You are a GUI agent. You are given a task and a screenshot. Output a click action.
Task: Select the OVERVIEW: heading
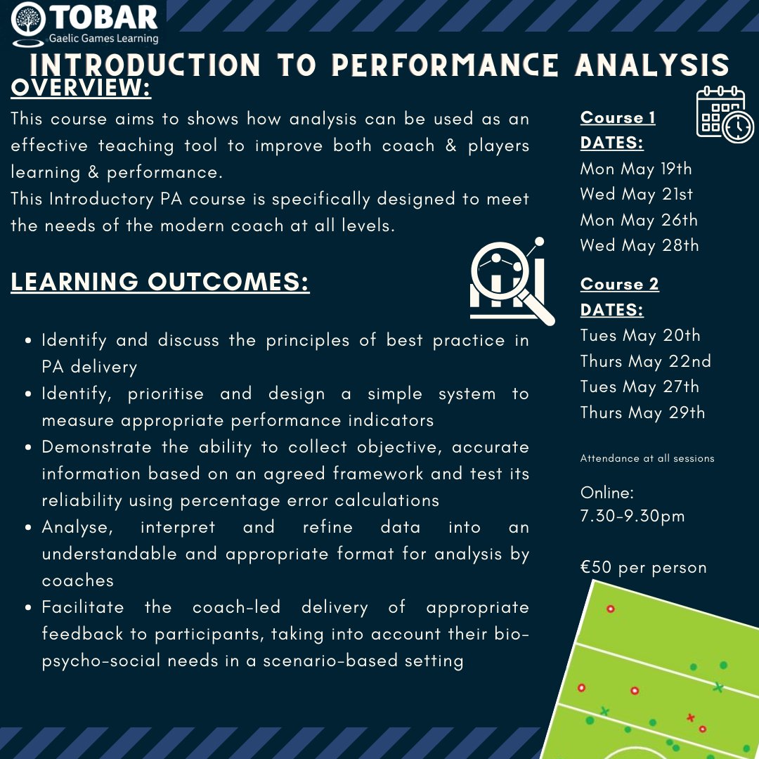tap(81, 89)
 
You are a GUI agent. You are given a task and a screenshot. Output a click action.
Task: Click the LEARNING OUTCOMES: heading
tap(160, 281)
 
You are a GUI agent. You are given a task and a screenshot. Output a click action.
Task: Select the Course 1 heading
tap(618, 117)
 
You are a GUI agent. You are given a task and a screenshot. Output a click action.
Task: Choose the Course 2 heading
tap(619, 284)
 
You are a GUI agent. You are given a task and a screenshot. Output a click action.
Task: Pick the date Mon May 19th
tap(636, 169)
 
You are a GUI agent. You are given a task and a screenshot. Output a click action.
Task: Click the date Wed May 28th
tap(640, 245)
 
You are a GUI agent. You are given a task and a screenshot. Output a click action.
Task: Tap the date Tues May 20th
tap(640, 335)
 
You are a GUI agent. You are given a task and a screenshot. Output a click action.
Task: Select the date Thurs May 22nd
tap(645, 361)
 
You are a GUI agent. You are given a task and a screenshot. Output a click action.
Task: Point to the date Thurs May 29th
tap(642, 413)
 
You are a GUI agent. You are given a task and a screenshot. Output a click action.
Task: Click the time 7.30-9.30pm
tap(632, 517)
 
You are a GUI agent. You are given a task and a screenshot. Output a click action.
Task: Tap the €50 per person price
tap(643, 567)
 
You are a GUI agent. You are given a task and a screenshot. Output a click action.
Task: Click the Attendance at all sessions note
tap(647, 458)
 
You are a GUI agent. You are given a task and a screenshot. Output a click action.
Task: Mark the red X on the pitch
tap(690, 718)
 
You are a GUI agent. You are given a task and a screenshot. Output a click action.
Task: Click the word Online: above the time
tap(607, 492)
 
